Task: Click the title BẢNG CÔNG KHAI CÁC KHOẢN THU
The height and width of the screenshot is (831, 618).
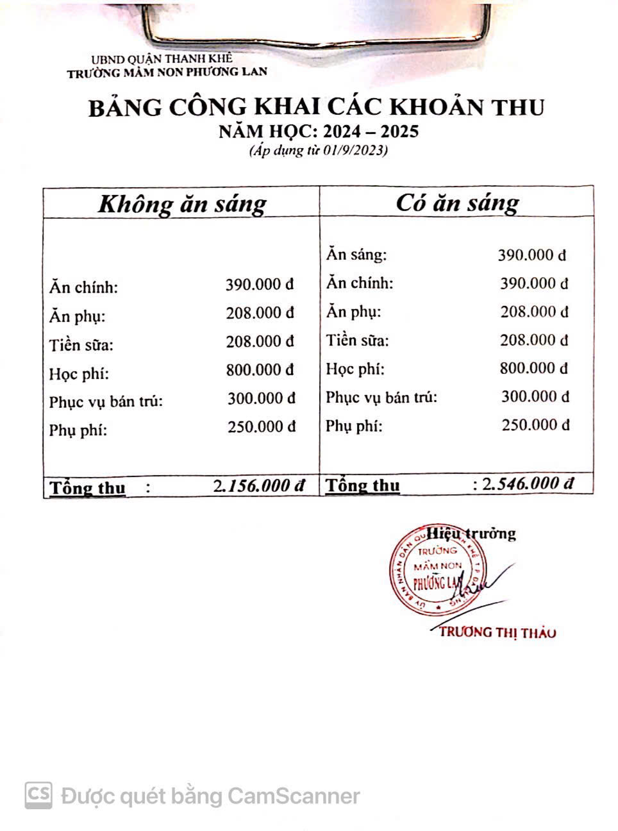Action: coord(316,107)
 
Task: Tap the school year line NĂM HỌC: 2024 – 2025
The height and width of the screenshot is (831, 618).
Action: coord(319,131)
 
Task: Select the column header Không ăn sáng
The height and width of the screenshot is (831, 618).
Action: coord(182,203)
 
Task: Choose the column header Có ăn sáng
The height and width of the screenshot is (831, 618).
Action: coord(457,202)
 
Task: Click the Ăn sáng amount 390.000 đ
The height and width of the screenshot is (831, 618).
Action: coord(532,255)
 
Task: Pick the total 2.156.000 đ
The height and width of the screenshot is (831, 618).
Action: coord(259,485)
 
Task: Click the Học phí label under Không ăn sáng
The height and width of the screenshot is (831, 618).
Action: coord(79,373)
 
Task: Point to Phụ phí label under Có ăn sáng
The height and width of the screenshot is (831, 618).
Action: coord(354,426)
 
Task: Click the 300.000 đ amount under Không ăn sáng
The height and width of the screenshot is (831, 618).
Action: coord(261,398)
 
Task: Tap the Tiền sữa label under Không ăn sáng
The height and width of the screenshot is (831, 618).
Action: coord(81,345)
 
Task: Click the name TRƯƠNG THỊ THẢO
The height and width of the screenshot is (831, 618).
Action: coord(497,632)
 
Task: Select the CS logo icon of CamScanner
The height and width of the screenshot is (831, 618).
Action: coord(38,795)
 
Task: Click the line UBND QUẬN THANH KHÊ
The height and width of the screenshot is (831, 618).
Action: coord(161,60)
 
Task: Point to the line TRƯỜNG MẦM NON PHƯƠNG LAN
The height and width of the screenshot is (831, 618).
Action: coord(167,72)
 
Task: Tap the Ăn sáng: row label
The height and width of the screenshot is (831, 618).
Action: coord(356,255)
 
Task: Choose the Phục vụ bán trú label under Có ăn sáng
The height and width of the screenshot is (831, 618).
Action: coord(381,398)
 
